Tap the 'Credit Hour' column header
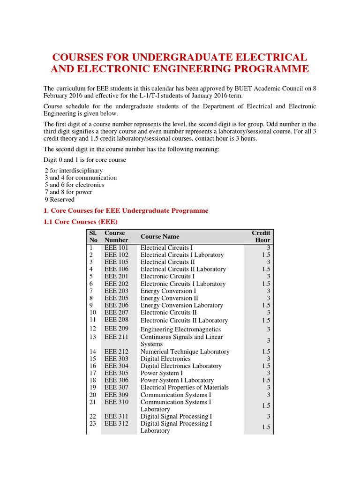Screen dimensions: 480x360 (x=261, y=236)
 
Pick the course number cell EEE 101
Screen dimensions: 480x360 (x=116, y=247)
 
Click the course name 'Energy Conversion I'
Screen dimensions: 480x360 (x=168, y=291)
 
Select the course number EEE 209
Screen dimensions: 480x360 (x=116, y=329)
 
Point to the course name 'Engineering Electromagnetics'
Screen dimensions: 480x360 (x=181, y=330)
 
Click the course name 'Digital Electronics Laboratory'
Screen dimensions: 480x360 (x=181, y=366)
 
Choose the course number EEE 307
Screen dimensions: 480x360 (x=116, y=388)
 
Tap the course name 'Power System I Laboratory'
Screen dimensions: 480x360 (x=177, y=380)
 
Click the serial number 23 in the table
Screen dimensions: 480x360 (x=92, y=424)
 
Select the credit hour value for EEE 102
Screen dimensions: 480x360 (x=266, y=255)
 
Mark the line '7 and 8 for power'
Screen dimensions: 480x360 (x=68, y=192)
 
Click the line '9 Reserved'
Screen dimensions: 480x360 (x=59, y=200)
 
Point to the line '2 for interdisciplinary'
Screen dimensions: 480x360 (x=74, y=171)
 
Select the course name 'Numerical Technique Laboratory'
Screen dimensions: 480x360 (x=185, y=352)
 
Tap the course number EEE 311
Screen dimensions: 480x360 (x=116, y=416)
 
